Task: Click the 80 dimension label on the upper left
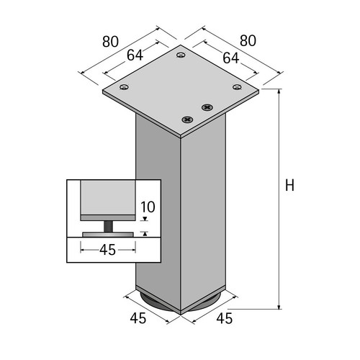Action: pos(110,42)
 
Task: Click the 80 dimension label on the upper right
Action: pos(248,41)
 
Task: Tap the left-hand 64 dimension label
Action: pos(135,55)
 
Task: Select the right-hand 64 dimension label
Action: pos(231,58)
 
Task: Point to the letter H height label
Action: pos(289,185)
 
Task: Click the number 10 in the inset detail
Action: pos(148,207)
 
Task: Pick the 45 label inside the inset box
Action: pos(108,250)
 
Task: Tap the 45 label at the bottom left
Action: pos(138,318)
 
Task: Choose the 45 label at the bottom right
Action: pos(225,318)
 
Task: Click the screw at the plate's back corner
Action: pos(181,55)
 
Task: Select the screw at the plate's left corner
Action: pos(124,87)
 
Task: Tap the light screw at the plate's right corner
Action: pos(238,87)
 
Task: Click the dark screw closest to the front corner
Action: pos(187,119)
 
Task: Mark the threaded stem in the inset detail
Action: pos(108,226)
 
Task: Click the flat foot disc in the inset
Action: pos(108,235)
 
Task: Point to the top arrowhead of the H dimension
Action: pos(279,91)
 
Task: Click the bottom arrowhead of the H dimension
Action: pos(279,307)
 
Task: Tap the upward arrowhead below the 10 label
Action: pos(145,233)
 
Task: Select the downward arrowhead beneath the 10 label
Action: pos(145,219)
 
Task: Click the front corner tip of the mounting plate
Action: pos(181,137)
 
